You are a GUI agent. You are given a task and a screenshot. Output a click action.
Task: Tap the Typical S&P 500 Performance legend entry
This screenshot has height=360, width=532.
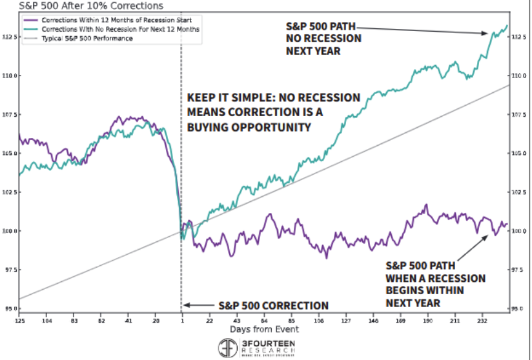87,38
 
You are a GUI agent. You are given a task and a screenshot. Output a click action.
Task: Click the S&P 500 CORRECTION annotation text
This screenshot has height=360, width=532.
273,306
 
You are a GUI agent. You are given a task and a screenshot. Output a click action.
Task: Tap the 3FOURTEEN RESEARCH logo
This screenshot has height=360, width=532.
257,348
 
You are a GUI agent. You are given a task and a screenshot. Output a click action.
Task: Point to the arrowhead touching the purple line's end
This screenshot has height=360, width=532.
486,237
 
